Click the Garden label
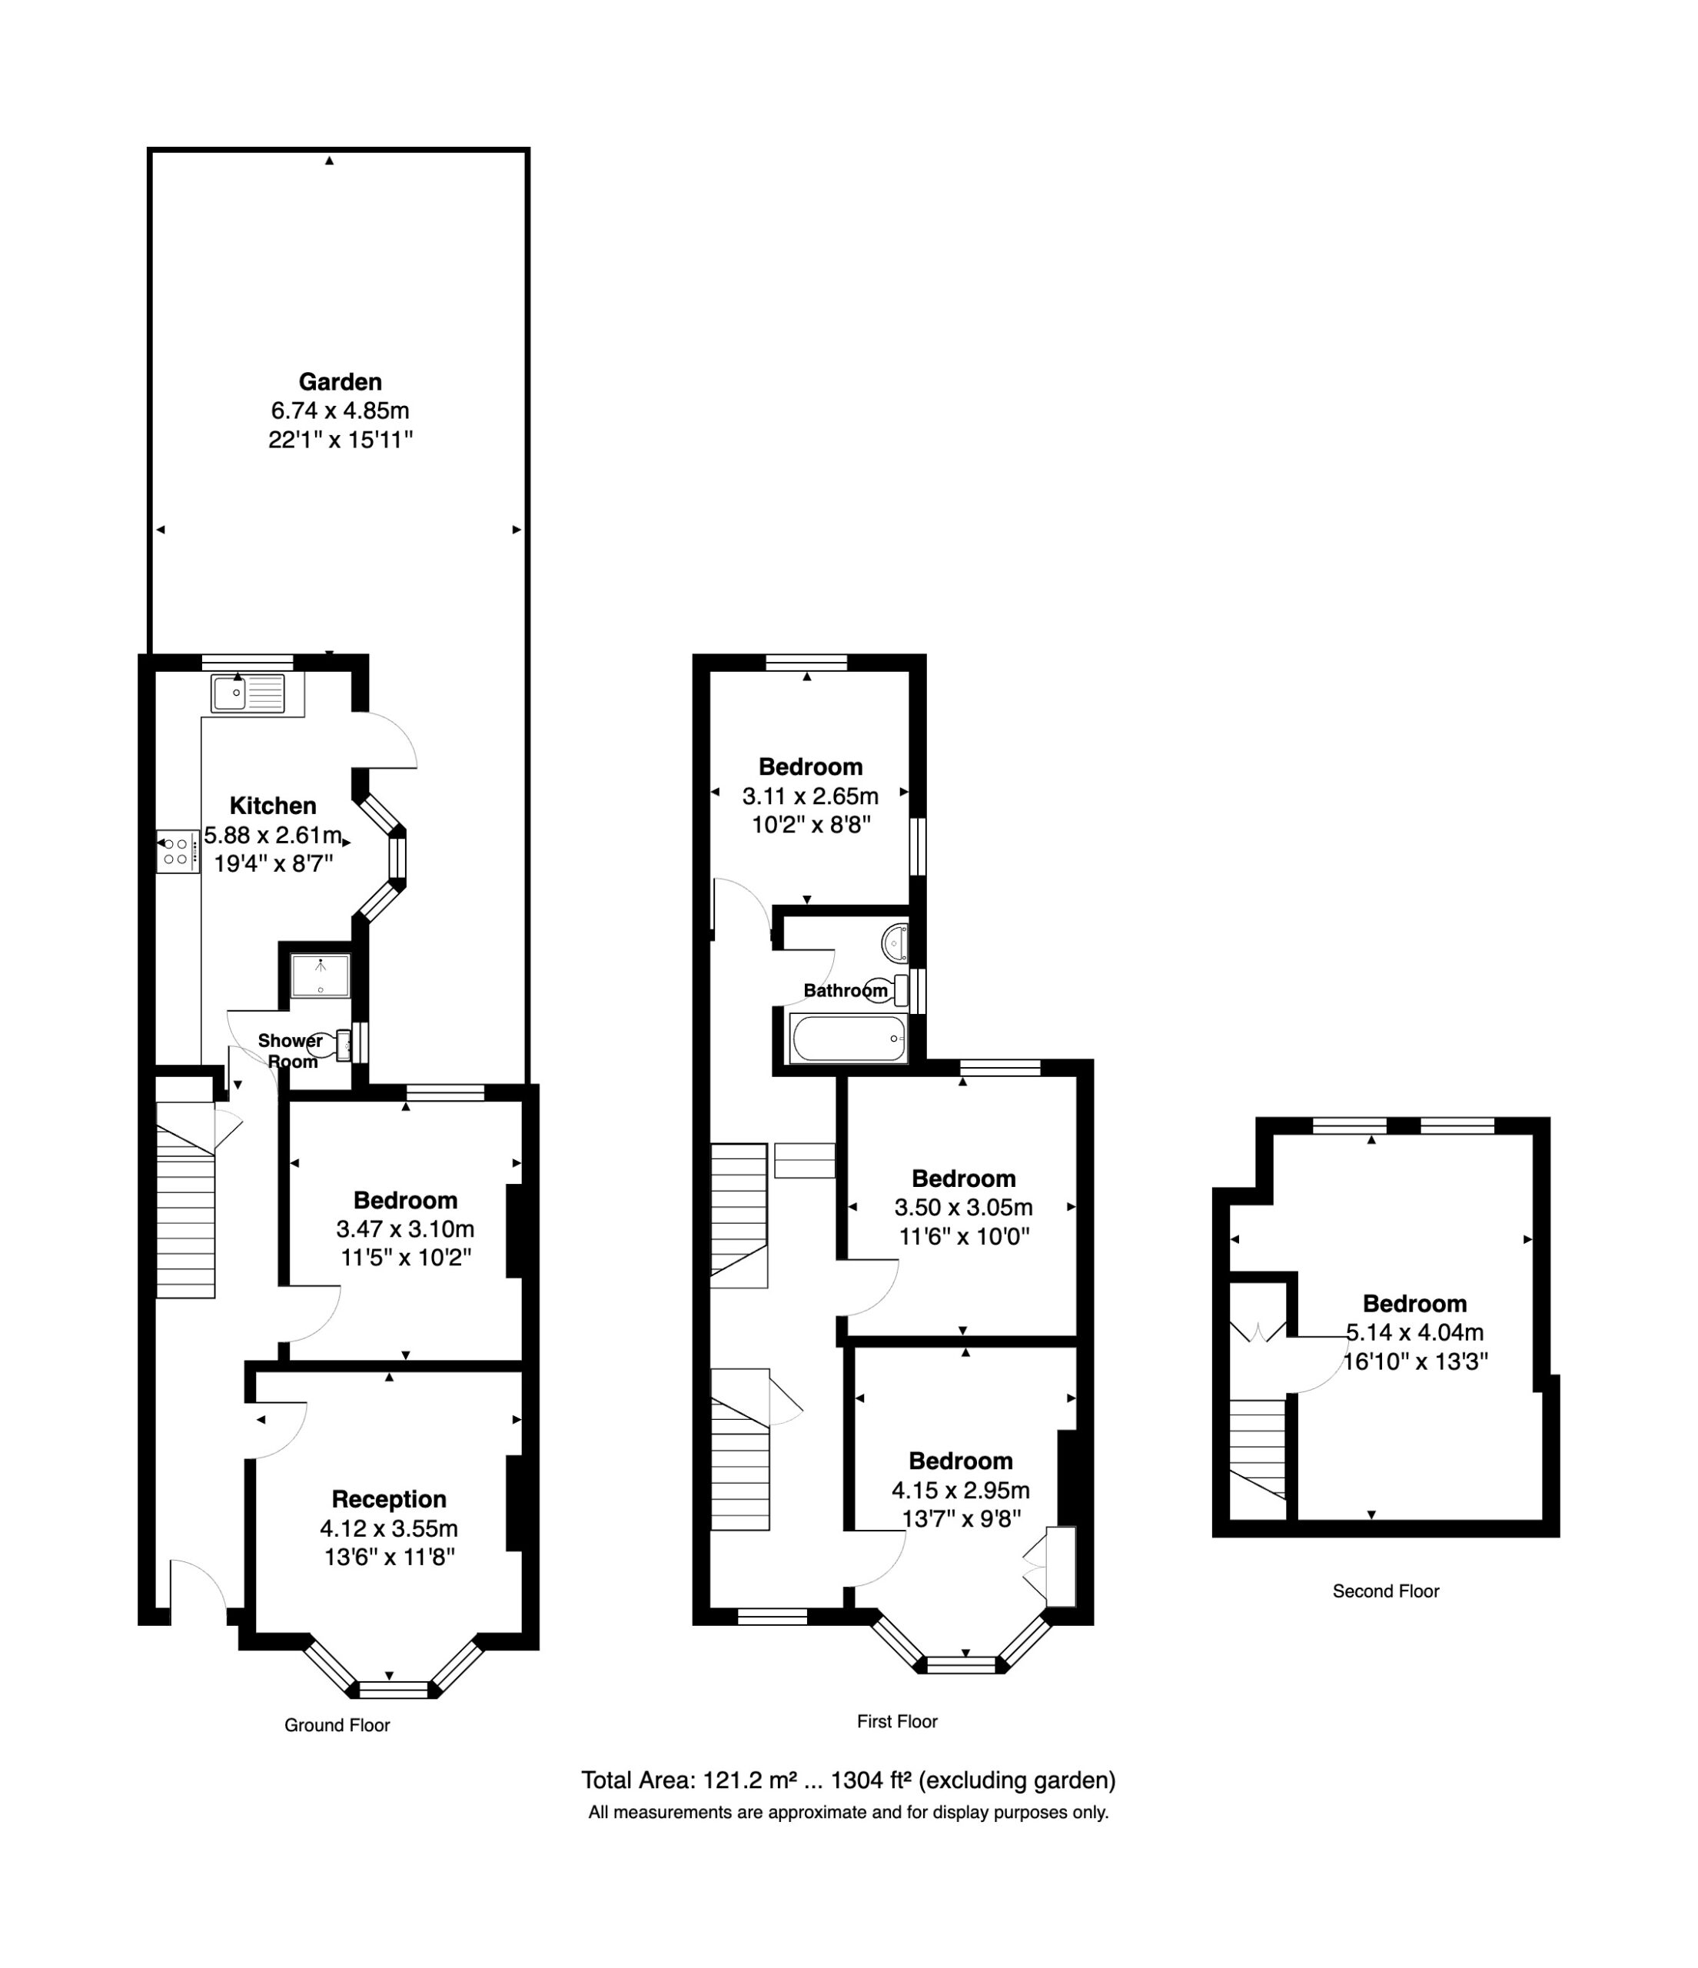coord(340,382)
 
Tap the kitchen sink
coord(248,693)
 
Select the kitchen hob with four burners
coord(178,851)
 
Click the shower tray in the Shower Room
coord(320,976)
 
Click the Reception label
coord(388,1499)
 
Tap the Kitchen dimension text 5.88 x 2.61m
coord(273,836)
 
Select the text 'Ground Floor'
coord(337,1725)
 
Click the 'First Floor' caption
coord(896,1721)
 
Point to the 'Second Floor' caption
coord(1386,1591)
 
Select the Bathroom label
coord(846,991)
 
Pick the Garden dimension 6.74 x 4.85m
coord(340,411)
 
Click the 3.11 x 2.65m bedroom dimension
coord(810,796)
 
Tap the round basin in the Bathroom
coord(895,943)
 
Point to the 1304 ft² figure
coord(871,1780)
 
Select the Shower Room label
coord(291,1050)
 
